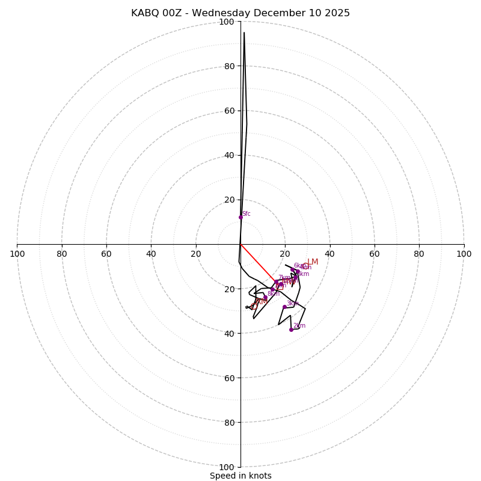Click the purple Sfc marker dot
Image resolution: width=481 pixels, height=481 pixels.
(240, 217)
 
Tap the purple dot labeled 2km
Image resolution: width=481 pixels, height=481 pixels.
(291, 329)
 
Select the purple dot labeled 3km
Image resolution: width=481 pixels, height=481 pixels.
(284, 307)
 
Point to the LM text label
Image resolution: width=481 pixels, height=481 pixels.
(313, 262)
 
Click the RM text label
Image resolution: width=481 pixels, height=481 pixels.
(261, 301)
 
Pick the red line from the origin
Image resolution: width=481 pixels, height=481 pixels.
(259, 263)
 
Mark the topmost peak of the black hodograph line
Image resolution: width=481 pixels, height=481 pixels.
(244, 32)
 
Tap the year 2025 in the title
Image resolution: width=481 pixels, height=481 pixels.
(337, 13)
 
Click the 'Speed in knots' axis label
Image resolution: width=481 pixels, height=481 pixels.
(240, 476)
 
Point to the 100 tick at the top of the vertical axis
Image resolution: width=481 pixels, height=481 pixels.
(227, 22)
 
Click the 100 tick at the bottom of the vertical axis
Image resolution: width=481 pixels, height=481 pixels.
(227, 467)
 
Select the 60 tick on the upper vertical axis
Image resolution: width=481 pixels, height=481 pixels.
(229, 111)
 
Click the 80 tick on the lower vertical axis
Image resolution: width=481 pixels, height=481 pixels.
(229, 423)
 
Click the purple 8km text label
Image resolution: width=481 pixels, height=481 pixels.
(274, 293)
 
